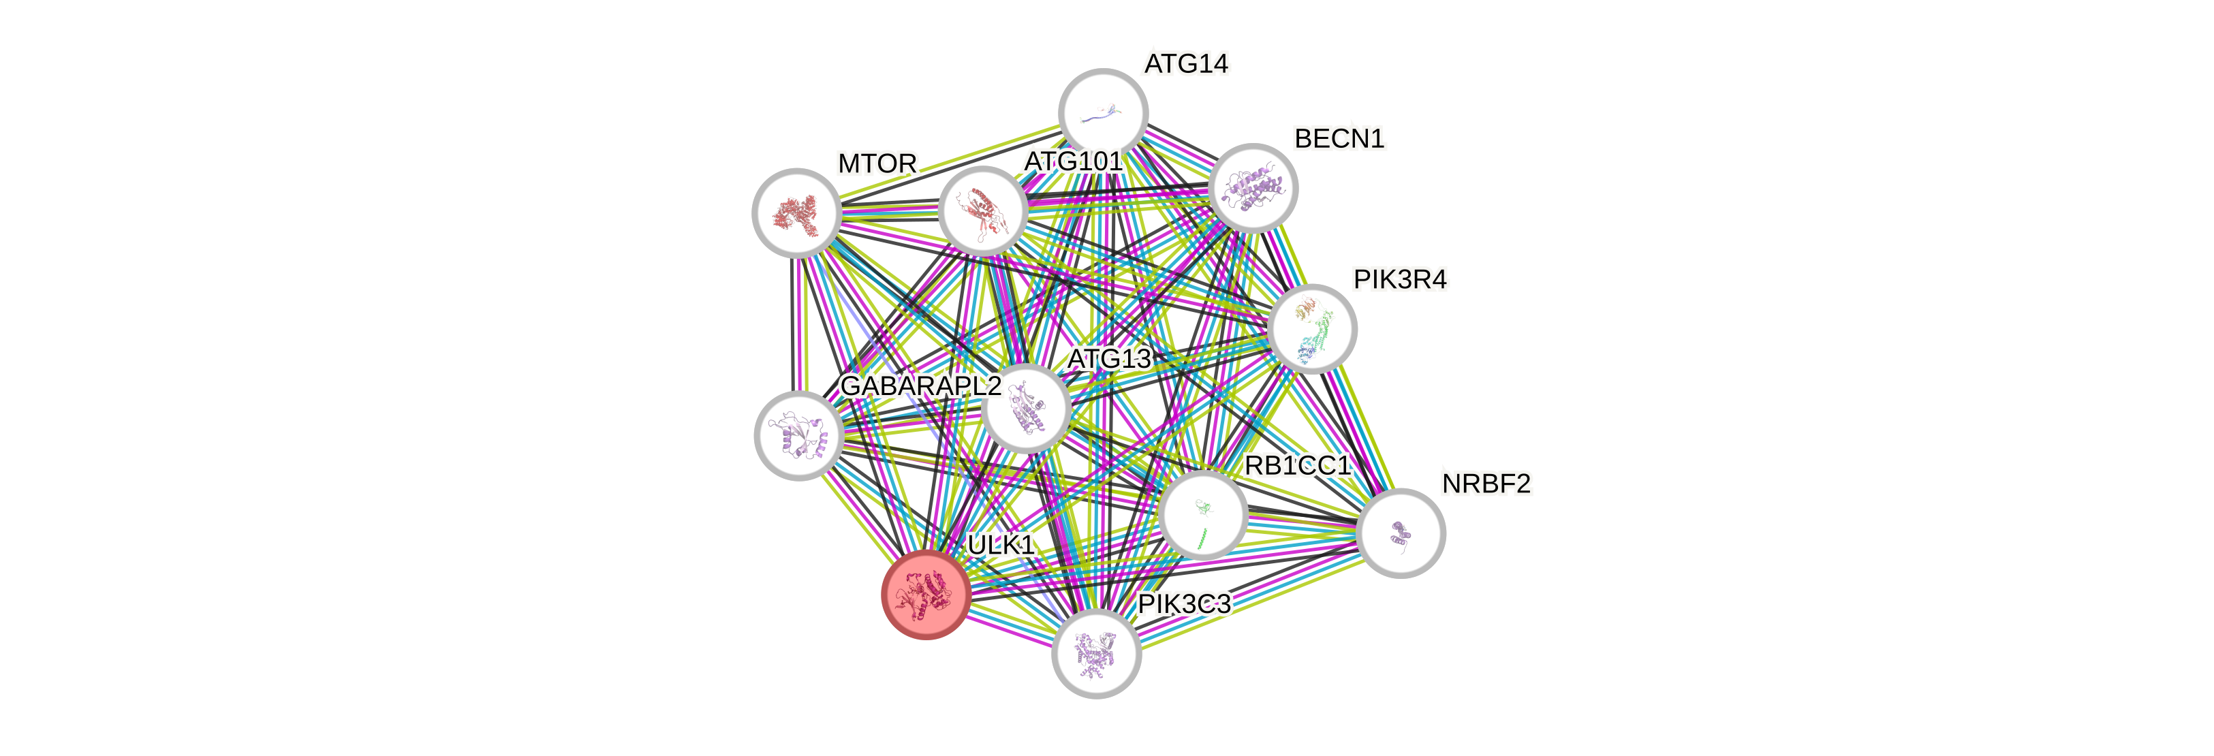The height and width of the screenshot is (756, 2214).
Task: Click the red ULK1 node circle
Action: (926, 595)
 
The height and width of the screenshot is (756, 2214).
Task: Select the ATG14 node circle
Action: (1103, 112)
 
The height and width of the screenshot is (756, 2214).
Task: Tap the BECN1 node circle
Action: (1252, 187)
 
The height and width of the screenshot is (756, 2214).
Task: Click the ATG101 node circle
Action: (982, 210)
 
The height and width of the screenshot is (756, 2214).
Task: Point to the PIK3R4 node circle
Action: (1311, 329)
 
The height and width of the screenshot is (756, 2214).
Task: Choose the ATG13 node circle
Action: (1025, 408)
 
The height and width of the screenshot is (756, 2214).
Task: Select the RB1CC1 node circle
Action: (1203, 515)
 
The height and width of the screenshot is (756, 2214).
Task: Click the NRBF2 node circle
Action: (1401, 533)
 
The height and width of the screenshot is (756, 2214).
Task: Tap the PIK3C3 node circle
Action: (1096, 653)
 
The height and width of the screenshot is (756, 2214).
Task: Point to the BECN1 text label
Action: (1339, 138)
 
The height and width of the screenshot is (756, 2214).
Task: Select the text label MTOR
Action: (877, 163)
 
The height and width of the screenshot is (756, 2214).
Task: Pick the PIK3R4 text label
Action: (1400, 279)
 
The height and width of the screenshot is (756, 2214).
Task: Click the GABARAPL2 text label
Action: (920, 385)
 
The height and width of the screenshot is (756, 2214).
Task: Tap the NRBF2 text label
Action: (1486, 484)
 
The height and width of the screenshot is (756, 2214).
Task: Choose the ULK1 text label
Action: (1001, 545)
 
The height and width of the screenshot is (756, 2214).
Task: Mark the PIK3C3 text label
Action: (1185, 604)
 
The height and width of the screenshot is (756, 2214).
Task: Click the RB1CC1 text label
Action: (1298, 466)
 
